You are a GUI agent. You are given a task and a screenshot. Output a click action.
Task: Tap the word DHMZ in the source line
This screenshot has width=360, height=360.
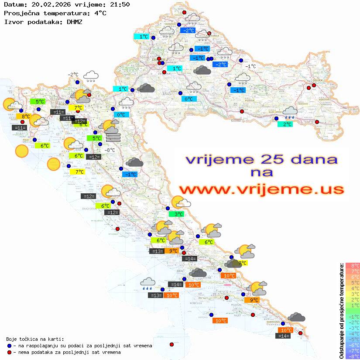[x=73, y=21]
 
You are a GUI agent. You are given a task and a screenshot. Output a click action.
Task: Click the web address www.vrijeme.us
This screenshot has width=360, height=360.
[x=261, y=189]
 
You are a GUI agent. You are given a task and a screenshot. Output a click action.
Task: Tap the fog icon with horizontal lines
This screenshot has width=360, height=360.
[x=113, y=137]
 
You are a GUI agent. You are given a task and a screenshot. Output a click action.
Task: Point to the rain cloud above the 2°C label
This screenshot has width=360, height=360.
[x=290, y=113]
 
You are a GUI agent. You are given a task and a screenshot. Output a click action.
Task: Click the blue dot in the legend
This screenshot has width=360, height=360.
[x=9, y=346]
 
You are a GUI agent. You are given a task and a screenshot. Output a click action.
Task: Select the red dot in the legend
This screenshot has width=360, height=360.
[x=9, y=352]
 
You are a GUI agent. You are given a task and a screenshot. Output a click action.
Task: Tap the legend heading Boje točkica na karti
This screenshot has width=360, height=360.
[x=35, y=339]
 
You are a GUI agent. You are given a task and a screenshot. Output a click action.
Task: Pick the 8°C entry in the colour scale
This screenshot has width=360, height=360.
[x=352, y=265]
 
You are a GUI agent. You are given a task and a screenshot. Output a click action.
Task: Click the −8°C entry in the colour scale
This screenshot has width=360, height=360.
[x=352, y=356]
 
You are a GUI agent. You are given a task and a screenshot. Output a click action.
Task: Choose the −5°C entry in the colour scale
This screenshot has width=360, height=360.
[x=352, y=339]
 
